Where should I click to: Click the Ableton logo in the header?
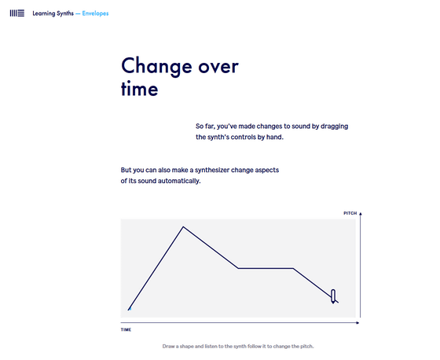point(16,13)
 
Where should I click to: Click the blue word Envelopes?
point(95,13)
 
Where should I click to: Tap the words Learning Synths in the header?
point(53,13)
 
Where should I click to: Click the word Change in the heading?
point(156,67)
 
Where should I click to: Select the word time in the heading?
point(140,89)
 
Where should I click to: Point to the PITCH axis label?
point(350,213)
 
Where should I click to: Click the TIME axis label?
point(126,329)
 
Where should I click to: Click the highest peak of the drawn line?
point(183,226)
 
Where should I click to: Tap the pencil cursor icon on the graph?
point(333,296)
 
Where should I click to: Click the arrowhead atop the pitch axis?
point(361,214)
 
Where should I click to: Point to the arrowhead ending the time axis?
point(357,322)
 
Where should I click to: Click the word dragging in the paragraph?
point(334,127)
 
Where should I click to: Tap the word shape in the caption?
point(187,346)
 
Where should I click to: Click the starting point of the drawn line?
point(129,310)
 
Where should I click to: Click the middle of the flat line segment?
point(266,269)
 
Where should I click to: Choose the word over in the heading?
point(218,67)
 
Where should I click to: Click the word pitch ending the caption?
point(306,346)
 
